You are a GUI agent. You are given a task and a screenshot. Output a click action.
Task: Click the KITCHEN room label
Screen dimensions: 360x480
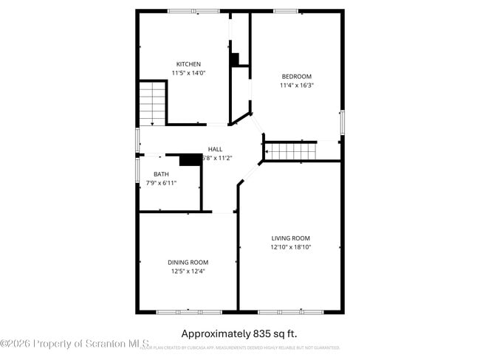click(188, 64)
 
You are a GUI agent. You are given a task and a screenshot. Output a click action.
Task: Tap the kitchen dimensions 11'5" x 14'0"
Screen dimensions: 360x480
click(188, 73)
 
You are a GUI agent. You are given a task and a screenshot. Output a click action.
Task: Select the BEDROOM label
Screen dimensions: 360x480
click(296, 77)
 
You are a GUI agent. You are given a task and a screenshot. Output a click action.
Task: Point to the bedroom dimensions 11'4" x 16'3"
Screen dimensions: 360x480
click(296, 86)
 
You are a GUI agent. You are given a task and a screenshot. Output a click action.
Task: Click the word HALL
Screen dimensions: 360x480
click(215, 149)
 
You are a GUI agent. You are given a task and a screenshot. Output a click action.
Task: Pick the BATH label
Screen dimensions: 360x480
click(161, 174)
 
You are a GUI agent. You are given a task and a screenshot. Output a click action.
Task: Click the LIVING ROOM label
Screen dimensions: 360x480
click(290, 238)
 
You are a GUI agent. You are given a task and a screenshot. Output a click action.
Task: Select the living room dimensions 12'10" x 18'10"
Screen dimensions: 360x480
click(290, 247)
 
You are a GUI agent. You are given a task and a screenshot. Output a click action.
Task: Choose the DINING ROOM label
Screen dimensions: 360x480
click(188, 263)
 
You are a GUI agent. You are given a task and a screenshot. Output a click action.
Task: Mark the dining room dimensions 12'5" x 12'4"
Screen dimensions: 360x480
click(188, 271)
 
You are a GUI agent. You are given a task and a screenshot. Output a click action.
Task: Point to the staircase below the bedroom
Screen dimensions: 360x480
click(290, 150)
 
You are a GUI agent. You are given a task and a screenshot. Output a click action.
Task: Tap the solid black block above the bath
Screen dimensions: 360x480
click(191, 159)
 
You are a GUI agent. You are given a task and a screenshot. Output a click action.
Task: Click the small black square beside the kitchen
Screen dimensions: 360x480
click(235, 59)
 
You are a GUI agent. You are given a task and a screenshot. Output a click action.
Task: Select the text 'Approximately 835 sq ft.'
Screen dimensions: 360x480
click(239, 333)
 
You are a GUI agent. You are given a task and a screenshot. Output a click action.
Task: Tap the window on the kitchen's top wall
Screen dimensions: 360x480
click(193, 11)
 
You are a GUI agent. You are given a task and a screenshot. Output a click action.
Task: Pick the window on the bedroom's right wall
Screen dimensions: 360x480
click(342, 122)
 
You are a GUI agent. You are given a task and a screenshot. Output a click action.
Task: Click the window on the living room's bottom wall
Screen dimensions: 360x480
click(290, 312)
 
